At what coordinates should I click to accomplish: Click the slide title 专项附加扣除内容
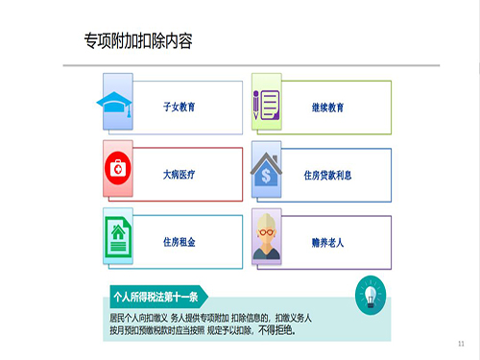[x=138, y=41]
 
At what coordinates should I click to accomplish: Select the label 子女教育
[x=179, y=108]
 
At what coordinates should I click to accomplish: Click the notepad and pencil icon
[x=266, y=107]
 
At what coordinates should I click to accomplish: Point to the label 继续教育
[x=328, y=108]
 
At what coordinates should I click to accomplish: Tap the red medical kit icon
[x=118, y=170]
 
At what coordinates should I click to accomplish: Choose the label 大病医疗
[x=179, y=175]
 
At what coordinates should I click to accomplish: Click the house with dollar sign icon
[x=266, y=174]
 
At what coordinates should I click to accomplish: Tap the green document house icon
[x=118, y=237]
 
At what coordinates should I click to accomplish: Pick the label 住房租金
[x=179, y=242]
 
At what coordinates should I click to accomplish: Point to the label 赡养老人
[x=328, y=243]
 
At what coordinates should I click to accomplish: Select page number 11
[x=461, y=343]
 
